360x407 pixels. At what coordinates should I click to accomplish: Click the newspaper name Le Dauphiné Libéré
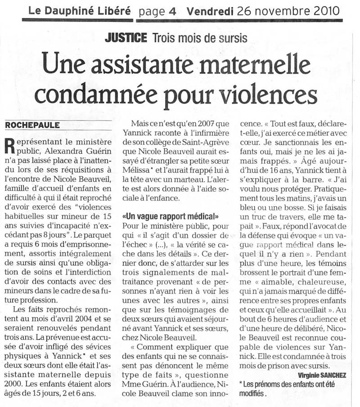(79, 10)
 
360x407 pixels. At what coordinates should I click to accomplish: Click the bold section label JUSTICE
(126, 38)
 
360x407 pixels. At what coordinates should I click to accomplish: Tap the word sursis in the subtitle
(231, 38)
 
